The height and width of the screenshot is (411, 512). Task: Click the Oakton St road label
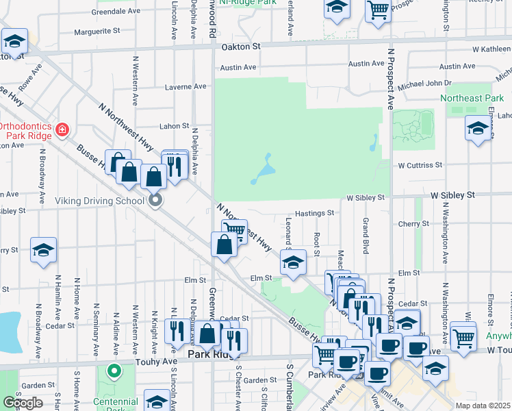(x=242, y=47)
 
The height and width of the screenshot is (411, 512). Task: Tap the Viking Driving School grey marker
(x=155, y=200)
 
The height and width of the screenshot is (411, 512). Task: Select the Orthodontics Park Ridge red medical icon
(x=62, y=129)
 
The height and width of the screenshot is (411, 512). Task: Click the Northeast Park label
(x=472, y=99)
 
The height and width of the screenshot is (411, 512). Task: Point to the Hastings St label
(x=314, y=213)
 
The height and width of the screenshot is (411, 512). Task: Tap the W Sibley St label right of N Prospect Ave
(x=452, y=195)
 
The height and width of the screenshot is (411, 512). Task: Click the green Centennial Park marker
(x=114, y=373)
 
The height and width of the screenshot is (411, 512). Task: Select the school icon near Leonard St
(x=293, y=262)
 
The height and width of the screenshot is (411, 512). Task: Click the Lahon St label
(x=175, y=126)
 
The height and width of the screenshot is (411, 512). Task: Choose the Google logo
(x=23, y=402)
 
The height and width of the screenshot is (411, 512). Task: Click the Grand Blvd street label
(x=366, y=234)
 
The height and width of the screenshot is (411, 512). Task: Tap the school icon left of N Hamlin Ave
(x=43, y=250)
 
